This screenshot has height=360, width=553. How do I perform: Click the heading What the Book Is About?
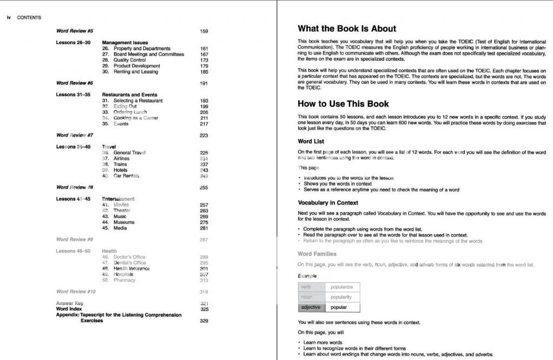coord(347,29)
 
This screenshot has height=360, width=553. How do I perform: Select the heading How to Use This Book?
coord(343,104)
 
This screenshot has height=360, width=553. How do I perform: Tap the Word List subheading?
coord(311,141)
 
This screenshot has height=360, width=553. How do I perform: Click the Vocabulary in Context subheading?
coord(328,202)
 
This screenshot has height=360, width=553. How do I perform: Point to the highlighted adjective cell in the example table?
coord(311,307)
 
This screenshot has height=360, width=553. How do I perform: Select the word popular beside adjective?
coord(339,307)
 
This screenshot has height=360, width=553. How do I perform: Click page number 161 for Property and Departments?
coord(204,49)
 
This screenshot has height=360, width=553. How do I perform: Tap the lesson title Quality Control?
coord(130,60)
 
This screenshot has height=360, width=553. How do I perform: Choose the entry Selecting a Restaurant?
coord(138,100)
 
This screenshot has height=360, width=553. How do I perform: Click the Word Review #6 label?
coord(75,83)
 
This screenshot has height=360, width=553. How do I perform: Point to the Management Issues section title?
coord(125,43)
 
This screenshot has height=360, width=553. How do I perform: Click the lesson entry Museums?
coord(124,222)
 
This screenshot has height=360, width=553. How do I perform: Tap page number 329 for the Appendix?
coord(204,321)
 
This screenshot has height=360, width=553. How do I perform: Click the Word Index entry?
coord(69,309)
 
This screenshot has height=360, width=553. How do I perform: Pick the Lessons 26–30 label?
coord(73,43)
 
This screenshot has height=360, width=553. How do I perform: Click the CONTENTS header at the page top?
coord(29,17)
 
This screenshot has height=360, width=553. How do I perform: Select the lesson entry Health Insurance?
coord(131,268)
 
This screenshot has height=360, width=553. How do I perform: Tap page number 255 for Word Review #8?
coord(204,187)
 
